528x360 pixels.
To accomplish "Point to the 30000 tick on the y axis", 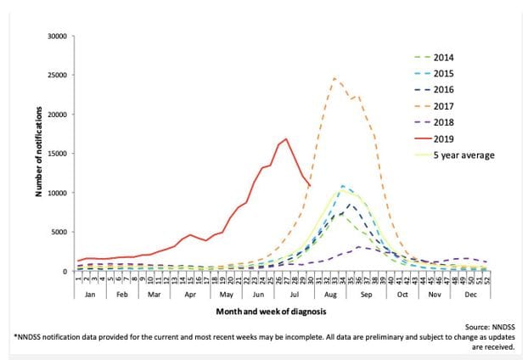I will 55,37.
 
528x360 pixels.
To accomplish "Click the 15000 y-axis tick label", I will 55,154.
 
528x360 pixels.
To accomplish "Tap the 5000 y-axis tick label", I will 58,233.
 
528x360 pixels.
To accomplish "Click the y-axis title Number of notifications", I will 38,154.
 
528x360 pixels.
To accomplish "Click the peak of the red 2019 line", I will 286,138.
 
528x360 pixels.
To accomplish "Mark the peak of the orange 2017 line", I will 335,78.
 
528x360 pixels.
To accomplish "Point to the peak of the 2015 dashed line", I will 343,185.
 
